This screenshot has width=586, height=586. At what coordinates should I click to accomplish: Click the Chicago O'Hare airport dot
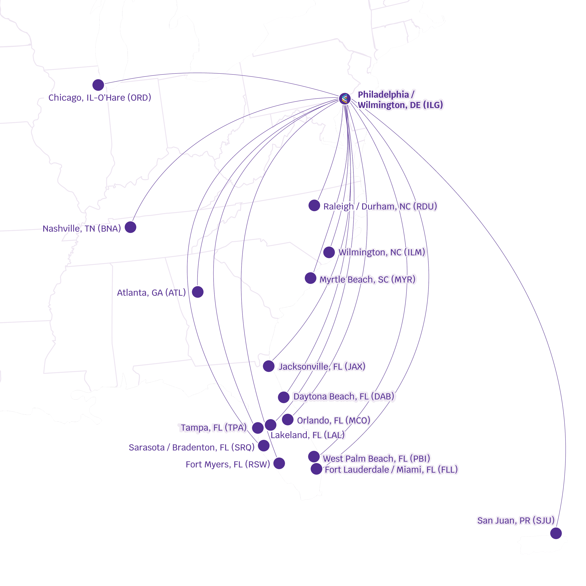(x=98, y=85)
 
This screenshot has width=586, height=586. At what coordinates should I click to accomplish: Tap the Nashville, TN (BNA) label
(x=82, y=228)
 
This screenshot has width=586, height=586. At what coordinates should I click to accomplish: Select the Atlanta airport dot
(x=197, y=292)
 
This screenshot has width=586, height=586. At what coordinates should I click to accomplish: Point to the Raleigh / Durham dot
(x=314, y=205)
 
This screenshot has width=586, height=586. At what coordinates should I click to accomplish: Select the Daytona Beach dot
(x=284, y=397)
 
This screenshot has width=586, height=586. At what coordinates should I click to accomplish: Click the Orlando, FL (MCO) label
(x=334, y=420)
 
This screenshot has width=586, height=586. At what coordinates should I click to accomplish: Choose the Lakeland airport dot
(x=271, y=425)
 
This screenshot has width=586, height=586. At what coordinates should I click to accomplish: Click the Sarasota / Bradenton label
(x=191, y=447)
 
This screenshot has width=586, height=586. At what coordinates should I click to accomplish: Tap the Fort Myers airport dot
(x=279, y=463)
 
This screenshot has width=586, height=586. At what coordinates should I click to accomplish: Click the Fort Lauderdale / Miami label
(x=391, y=470)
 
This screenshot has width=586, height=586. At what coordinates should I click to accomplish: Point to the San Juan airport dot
(x=556, y=533)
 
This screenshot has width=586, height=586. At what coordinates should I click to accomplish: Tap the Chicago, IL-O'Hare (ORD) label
(x=100, y=98)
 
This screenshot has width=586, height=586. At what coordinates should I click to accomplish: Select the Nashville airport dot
(x=130, y=227)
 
